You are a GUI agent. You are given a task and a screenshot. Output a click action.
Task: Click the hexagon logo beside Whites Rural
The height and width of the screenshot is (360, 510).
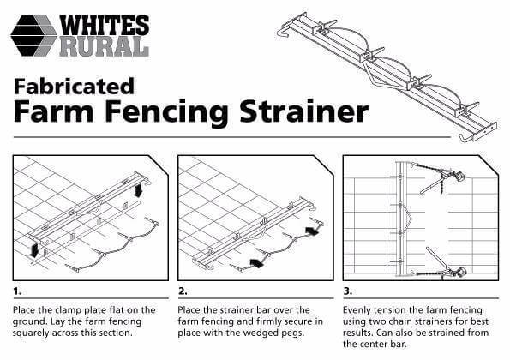33,35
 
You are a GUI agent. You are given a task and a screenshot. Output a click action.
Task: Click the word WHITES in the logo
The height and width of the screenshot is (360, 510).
105,25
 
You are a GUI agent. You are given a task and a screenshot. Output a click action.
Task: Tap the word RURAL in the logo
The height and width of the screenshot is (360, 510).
105,46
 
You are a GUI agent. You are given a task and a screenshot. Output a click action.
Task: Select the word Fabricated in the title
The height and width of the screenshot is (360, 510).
74,87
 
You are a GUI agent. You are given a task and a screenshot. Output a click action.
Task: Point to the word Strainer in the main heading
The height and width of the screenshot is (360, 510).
304,111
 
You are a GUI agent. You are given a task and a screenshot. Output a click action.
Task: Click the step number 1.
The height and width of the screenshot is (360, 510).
17,291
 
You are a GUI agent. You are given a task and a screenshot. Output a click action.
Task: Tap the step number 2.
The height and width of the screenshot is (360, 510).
183,291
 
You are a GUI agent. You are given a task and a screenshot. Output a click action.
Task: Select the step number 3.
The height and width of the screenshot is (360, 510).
348,291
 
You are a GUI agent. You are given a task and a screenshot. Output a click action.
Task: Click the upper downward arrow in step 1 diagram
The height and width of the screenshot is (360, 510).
138,190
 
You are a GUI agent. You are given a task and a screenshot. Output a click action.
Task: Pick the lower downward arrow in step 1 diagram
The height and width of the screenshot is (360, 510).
33,251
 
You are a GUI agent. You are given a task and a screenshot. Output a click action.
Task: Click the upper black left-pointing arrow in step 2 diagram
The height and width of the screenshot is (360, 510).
312,231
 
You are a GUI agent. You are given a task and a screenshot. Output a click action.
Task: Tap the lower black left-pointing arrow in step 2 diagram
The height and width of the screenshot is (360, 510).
257,263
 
